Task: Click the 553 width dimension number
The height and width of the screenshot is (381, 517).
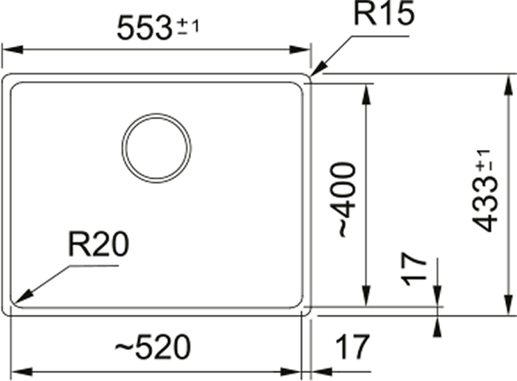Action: [144, 29]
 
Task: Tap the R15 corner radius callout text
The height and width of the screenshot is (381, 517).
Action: [384, 13]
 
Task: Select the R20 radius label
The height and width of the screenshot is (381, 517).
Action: [98, 244]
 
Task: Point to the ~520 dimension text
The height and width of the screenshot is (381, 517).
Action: [153, 347]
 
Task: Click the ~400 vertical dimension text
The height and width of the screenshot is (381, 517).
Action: [347, 199]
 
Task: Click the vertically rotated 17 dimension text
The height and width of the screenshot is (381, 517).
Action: [413, 269]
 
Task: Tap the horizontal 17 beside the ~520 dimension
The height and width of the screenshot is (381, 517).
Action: [353, 347]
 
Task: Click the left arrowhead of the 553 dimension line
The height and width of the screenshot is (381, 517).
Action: [13, 50]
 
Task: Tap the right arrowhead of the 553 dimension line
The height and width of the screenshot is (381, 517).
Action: [300, 50]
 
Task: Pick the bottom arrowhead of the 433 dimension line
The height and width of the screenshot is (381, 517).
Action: [507, 305]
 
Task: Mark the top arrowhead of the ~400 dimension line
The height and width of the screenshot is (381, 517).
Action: [366, 94]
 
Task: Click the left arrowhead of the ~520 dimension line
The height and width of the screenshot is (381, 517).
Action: [21, 372]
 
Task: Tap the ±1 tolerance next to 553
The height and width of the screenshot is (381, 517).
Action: [188, 26]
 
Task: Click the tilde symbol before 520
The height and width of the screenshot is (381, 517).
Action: [124, 348]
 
